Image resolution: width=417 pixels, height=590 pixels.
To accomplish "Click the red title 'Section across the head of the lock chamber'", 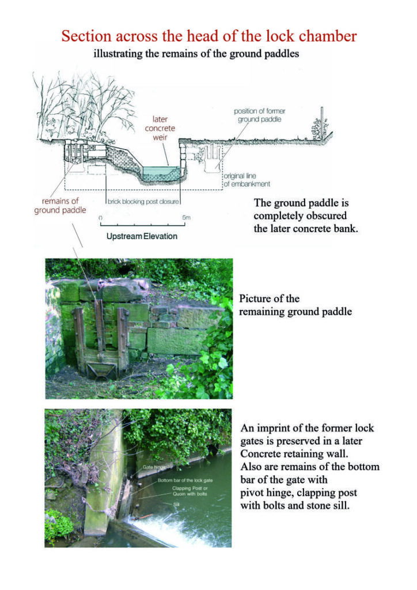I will (x=208, y=36).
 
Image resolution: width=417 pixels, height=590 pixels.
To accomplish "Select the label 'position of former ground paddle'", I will (x=259, y=115).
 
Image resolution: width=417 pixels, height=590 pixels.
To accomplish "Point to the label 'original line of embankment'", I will (x=247, y=180).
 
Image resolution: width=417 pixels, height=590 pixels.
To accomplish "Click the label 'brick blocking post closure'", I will (x=143, y=202).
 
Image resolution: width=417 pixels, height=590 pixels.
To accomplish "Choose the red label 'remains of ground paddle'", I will (x=60, y=206).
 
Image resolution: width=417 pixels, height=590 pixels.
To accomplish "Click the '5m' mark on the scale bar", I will (x=186, y=218).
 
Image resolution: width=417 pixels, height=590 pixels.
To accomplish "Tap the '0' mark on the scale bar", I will (x=101, y=218).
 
